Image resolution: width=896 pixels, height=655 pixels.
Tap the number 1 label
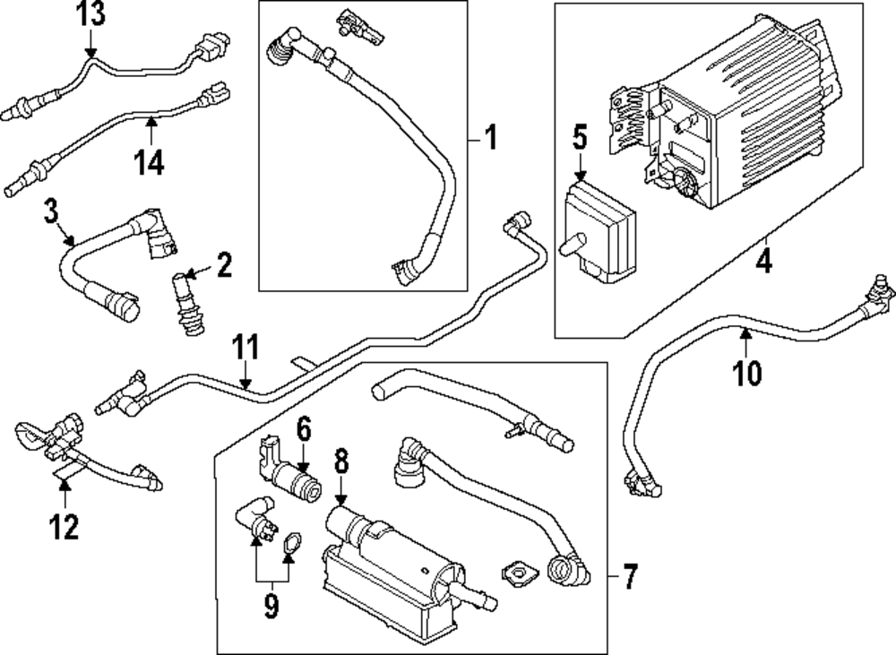[490, 139]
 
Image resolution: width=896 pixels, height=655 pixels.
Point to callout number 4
[763, 262]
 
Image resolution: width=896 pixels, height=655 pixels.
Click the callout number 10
[747, 371]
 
